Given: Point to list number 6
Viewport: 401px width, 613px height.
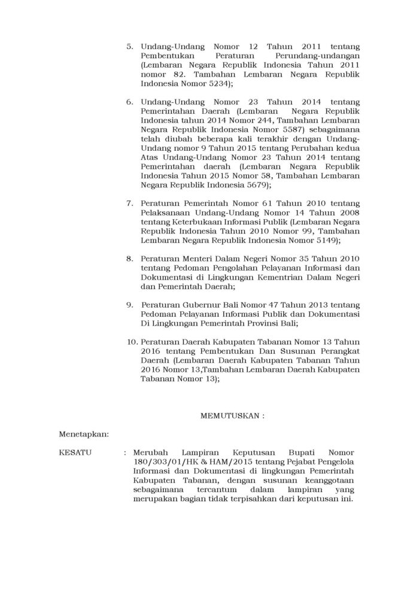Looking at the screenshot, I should [x=130, y=102].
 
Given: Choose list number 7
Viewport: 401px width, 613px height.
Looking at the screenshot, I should [x=130, y=204].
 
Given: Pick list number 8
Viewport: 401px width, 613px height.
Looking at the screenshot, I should [x=130, y=258].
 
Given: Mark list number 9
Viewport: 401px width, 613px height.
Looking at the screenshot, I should [x=130, y=305].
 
